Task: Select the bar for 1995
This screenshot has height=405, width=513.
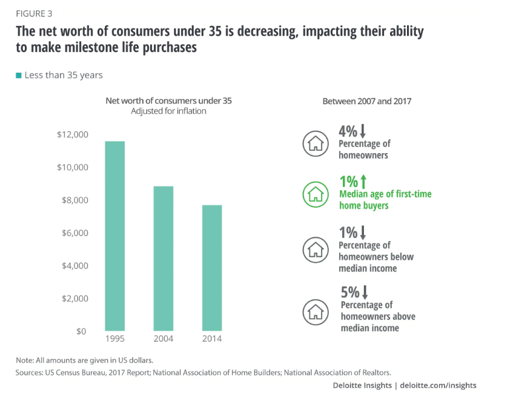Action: [115, 236]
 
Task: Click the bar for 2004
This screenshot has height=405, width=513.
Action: [164, 258]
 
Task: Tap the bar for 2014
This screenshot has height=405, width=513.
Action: [212, 268]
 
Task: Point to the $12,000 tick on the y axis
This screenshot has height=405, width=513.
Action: [73, 134]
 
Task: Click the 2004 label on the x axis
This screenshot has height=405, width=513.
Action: [164, 339]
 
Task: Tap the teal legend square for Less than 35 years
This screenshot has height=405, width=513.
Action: [18, 76]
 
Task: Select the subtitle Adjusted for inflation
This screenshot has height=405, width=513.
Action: [169, 111]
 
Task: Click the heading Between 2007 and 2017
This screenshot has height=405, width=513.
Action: [366, 101]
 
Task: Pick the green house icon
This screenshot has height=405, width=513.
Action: [315, 194]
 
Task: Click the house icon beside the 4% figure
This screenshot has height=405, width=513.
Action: [315, 143]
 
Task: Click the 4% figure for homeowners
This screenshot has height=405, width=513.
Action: [349, 130]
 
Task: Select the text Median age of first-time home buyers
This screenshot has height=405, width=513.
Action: [385, 200]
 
